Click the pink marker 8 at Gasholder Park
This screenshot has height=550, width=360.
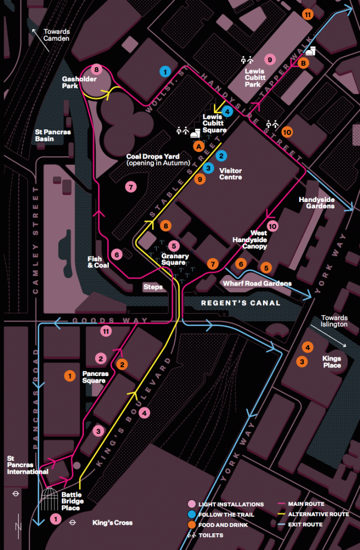(97, 69)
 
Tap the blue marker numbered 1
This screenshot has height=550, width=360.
(165, 71)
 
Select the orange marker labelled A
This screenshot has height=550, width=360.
(199, 146)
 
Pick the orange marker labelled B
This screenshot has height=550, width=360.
(304, 63)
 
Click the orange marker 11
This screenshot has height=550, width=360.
(307, 15)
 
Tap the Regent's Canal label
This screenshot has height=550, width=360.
(240, 303)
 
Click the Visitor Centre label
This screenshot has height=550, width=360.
(231, 173)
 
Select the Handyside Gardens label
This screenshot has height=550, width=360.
(316, 202)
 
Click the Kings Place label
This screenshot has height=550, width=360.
(332, 361)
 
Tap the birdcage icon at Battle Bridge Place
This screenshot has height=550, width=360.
(49, 498)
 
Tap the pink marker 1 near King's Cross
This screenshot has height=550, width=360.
(54, 519)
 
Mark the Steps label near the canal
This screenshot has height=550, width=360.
(153, 287)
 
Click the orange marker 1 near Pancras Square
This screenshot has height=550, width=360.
(69, 376)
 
